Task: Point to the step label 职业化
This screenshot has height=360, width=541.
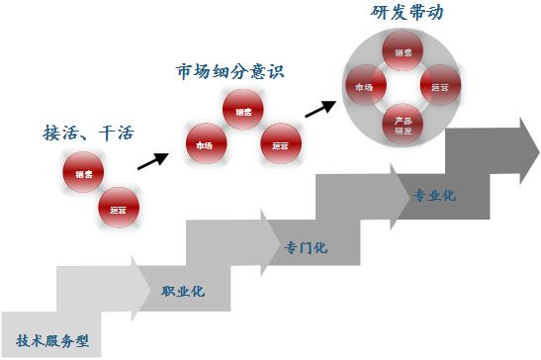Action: pyautogui.click(x=182, y=292)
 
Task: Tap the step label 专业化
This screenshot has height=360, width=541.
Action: pyautogui.click(x=434, y=195)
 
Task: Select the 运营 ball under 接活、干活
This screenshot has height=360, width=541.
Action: pyautogui.click(x=119, y=209)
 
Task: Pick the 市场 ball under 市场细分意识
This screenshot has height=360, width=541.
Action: pyautogui.click(x=206, y=144)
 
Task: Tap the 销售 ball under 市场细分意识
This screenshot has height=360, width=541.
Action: pyautogui.click(x=243, y=112)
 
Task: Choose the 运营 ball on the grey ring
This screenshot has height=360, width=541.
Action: pyautogui.click(x=440, y=87)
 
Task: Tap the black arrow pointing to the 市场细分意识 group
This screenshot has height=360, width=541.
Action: pyautogui.click(x=151, y=157)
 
